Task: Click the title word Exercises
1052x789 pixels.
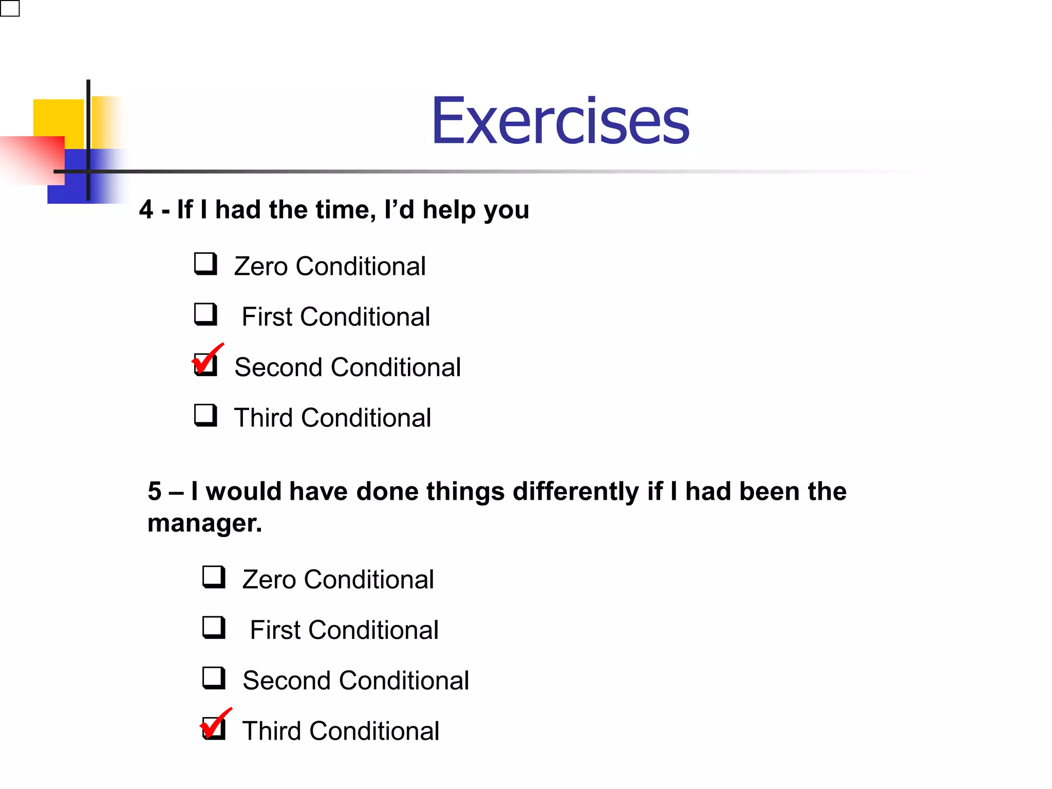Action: pos(560,121)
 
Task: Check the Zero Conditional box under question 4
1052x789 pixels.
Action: pos(205,264)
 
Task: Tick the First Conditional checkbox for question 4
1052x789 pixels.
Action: pos(205,314)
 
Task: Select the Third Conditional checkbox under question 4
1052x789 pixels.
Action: pos(205,415)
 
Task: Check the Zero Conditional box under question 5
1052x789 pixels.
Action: pos(214,577)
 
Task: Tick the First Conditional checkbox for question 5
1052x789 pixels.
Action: pos(214,627)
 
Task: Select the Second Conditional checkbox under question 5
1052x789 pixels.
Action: pos(214,678)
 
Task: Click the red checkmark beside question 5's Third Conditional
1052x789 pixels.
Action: pos(215,723)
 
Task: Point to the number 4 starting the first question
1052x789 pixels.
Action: pos(146,210)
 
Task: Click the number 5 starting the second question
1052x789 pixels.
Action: pos(155,491)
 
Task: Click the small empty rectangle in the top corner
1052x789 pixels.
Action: pos(10,8)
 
